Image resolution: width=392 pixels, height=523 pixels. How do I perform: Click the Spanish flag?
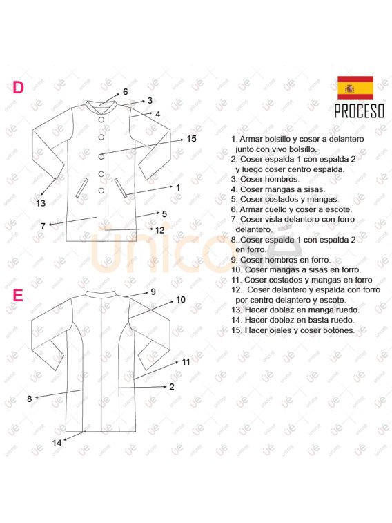coord(355,88)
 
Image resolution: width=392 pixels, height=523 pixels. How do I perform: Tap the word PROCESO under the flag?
coord(360,111)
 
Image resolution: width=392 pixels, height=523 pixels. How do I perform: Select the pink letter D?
coord(19,87)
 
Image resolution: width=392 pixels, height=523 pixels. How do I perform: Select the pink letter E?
coord(18,296)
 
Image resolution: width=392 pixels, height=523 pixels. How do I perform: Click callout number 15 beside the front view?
coord(191,139)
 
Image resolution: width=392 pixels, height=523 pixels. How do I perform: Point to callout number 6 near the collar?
coord(125,92)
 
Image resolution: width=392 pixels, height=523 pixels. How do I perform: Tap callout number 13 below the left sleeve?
coord(41,203)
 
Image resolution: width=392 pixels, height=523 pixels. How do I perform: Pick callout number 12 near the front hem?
coord(160,230)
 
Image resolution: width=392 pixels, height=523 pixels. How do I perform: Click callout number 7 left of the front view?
coord(43,226)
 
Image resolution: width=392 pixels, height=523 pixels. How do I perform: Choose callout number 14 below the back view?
coord(57,443)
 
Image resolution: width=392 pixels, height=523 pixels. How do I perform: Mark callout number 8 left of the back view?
coord(29,399)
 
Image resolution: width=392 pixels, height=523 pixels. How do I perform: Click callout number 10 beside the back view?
coord(181,300)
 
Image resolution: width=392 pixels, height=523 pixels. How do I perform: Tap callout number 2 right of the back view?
coord(172,387)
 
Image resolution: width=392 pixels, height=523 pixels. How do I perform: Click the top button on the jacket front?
coord(101,120)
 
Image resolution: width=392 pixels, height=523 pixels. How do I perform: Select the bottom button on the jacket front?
coord(101,191)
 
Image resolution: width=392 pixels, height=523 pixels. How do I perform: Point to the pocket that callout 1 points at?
coord(120,188)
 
